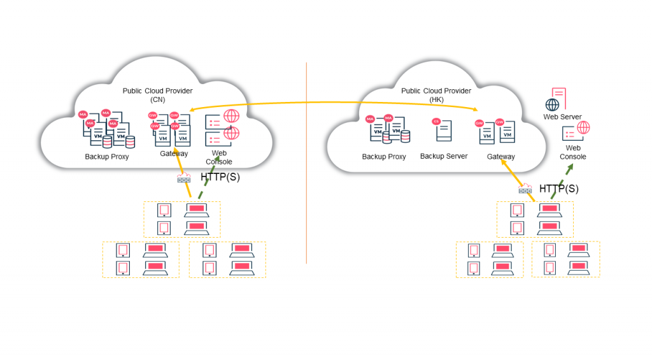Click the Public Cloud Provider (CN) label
[x=157, y=95]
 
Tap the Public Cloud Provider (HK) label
[x=436, y=95]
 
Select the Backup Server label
[x=444, y=156]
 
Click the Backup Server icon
[x=443, y=130]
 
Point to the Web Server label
[x=562, y=117]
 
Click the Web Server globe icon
[x=552, y=104]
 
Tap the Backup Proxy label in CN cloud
[x=107, y=157]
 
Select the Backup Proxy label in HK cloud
[x=384, y=157]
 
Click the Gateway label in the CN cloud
[x=174, y=154]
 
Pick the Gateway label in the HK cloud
[x=501, y=157]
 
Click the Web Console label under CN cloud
[x=219, y=157]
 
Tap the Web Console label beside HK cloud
[x=572, y=152]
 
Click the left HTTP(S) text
[x=220, y=177]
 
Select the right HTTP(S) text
[x=559, y=189]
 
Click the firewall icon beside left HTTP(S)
[x=184, y=179]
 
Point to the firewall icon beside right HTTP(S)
[x=525, y=189]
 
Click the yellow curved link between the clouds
[x=331, y=103]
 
